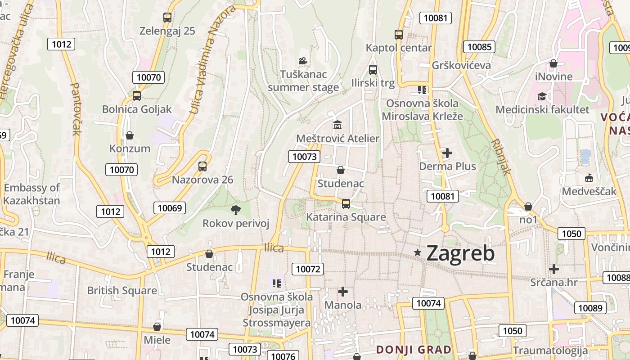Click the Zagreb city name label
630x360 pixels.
[460, 253]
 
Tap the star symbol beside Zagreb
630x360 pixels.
[418, 253]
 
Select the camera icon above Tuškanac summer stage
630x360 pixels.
[303, 61]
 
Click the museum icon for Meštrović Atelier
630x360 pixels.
[337, 125]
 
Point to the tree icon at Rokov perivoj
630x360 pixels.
[235, 210]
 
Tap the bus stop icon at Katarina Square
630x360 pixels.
[346, 203]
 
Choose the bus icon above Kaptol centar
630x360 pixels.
[399, 34]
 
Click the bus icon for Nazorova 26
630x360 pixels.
[202, 166]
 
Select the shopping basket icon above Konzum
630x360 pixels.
[130, 135]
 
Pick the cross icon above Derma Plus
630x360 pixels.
[447, 153]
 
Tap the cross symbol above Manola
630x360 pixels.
[343, 292]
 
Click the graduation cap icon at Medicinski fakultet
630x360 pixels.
[542, 96]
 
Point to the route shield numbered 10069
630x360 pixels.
[170, 208]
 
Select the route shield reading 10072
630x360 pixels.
[308, 269]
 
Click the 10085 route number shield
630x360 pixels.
[479, 47]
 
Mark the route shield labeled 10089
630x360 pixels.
[590, 308]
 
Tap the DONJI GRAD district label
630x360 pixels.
[414, 350]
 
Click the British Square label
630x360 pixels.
[122, 290]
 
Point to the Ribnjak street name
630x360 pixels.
[501, 156]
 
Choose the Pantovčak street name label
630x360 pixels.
[76, 108]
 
